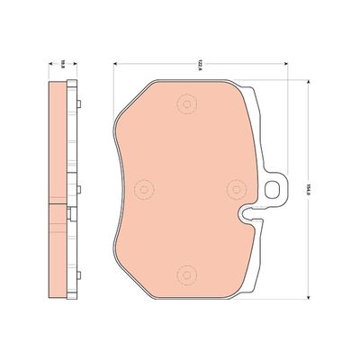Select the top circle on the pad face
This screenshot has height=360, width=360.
[x=186, y=106]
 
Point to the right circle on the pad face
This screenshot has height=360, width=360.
[x=236, y=187]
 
